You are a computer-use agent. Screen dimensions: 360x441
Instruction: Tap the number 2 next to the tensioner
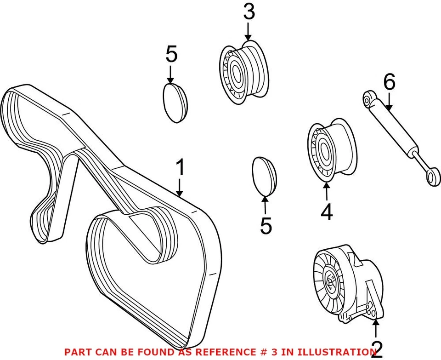pyautogui.click(x=376, y=349)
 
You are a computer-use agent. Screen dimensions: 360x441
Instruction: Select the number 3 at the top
pyautogui.click(x=249, y=12)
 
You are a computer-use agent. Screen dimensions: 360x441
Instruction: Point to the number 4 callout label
pyautogui.click(x=327, y=212)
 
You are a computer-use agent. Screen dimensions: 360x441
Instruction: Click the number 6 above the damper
pyautogui.click(x=389, y=83)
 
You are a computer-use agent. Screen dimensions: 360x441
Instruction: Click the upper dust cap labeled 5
pyautogui.click(x=175, y=103)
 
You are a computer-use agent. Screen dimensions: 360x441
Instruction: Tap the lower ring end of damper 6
pyautogui.click(x=431, y=177)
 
